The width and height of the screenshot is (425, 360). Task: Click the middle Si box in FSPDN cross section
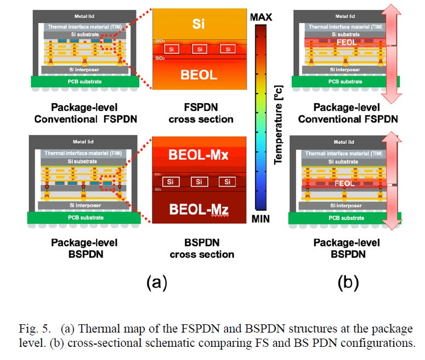pyautogui.click(x=200, y=49)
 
